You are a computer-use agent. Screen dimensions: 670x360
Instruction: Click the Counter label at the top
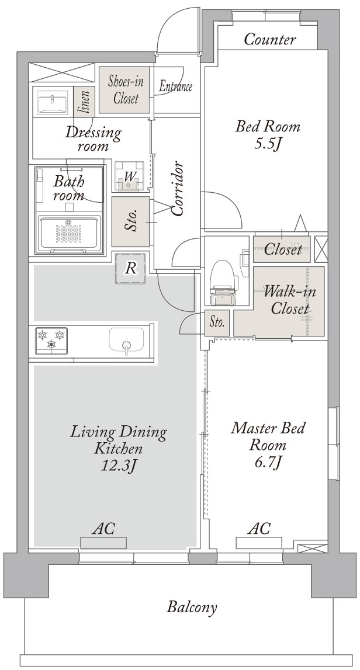click(x=269, y=40)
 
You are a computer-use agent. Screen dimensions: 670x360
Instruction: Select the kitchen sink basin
click(x=126, y=339)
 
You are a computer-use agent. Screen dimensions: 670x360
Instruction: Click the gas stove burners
click(x=51, y=340)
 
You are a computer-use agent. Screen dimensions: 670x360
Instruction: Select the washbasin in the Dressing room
click(x=53, y=103)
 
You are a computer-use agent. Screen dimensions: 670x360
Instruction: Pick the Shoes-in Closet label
click(x=126, y=90)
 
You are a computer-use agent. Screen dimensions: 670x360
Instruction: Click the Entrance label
click(x=175, y=87)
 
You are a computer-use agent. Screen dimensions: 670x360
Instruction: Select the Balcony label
click(x=192, y=607)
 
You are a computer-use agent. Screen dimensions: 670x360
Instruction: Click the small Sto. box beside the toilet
click(x=217, y=322)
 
